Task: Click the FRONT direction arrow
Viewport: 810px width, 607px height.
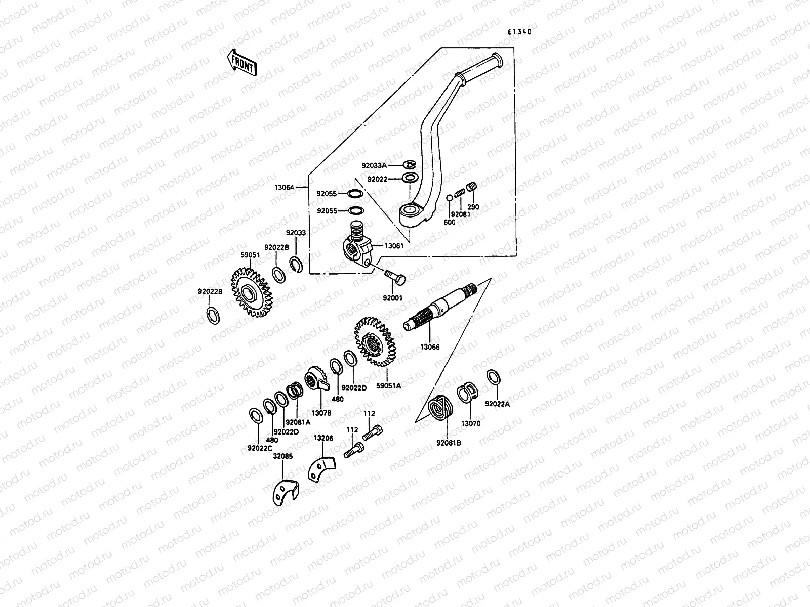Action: pyautogui.click(x=242, y=62)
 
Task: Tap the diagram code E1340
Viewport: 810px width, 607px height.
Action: pyautogui.click(x=520, y=32)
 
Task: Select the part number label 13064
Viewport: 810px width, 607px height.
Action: pyautogui.click(x=284, y=188)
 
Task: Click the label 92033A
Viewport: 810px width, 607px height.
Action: pyautogui.click(x=374, y=165)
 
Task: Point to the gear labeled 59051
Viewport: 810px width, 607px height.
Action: pyautogui.click(x=252, y=293)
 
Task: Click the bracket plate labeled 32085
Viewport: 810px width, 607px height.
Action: pyautogui.click(x=283, y=492)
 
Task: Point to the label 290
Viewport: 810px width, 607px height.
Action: pyautogui.click(x=473, y=207)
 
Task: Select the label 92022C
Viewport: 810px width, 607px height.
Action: pyautogui.click(x=260, y=448)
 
